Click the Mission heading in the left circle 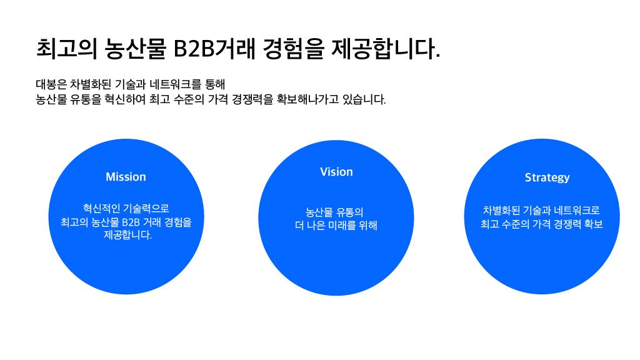pyautogui.click(x=126, y=177)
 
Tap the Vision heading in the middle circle pyautogui.click(x=336, y=172)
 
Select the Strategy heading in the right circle pyautogui.click(x=547, y=177)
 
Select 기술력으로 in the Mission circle pyautogui.click(x=146, y=208)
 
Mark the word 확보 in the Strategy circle pyautogui.click(x=591, y=224)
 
